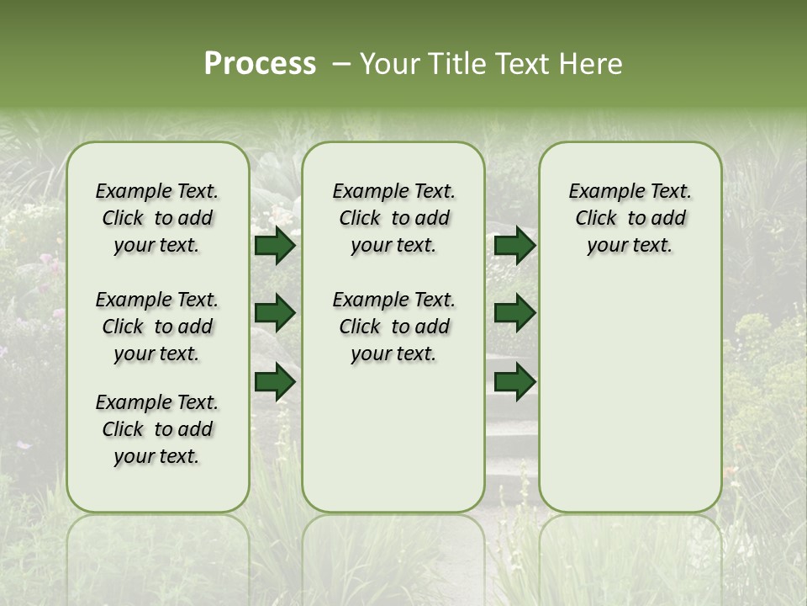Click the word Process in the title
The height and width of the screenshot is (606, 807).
click(x=260, y=63)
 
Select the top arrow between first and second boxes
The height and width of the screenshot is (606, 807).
click(x=275, y=245)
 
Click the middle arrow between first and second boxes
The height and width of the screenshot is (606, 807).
click(x=275, y=313)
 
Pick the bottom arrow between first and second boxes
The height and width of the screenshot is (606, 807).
click(x=275, y=381)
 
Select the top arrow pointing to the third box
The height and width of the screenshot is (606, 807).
click(x=514, y=245)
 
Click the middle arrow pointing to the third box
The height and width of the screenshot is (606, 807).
click(x=514, y=313)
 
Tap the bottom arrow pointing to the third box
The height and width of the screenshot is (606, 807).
click(x=514, y=381)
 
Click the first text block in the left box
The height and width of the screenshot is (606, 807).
click(x=157, y=218)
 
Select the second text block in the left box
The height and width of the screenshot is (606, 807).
click(x=157, y=327)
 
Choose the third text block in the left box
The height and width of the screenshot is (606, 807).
click(x=157, y=429)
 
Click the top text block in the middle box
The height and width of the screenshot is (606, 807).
click(x=393, y=218)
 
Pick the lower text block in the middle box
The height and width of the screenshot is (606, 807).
click(x=393, y=327)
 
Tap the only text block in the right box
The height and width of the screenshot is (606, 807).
click(x=630, y=218)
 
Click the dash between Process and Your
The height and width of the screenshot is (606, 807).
click(x=341, y=64)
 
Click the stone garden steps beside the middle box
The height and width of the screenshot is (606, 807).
click(x=510, y=438)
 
